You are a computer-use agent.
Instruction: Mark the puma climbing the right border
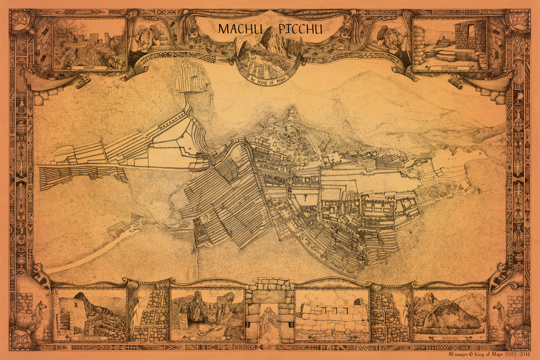(499, 274)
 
